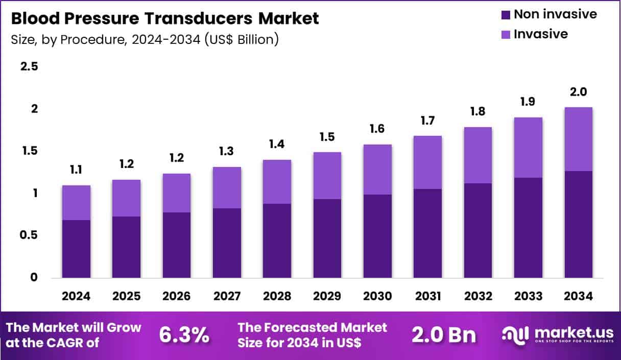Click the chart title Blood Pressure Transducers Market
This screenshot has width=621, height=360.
point(164,19)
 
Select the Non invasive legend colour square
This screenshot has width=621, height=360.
point(506,15)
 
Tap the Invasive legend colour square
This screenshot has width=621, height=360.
point(506,35)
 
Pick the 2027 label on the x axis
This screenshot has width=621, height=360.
point(226,297)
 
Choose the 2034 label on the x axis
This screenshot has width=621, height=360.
point(578,297)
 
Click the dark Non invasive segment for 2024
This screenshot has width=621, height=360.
point(76,249)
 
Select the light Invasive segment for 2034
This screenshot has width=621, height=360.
point(578,139)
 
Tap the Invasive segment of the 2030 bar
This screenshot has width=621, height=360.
point(377,170)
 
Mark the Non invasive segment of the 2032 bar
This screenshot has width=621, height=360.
point(477,230)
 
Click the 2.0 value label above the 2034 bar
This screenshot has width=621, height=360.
point(578,92)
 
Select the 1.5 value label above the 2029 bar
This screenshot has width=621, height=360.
point(327,137)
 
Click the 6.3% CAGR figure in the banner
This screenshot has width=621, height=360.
point(184,335)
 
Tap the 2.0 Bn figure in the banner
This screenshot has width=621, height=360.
point(444,335)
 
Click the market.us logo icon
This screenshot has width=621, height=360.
point(516,334)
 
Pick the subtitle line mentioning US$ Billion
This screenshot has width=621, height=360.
point(145,39)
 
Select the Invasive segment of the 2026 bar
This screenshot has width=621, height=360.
point(176,193)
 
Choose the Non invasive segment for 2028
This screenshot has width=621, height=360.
point(277,241)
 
